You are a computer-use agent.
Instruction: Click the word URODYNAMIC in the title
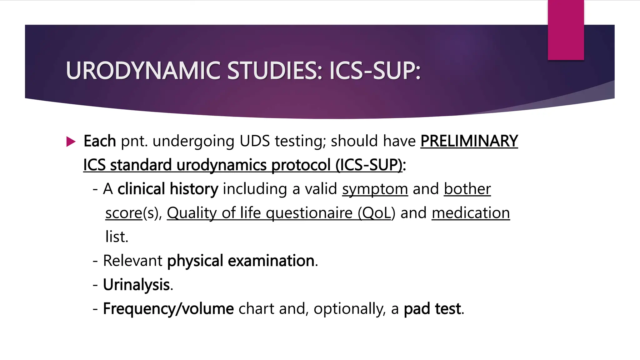tap(143, 71)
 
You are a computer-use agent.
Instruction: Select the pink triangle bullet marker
tap(71, 142)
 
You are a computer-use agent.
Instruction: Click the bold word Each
tap(100, 141)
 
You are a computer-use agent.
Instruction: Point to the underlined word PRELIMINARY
tap(469, 141)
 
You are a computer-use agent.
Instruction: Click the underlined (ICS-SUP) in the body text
tap(369, 165)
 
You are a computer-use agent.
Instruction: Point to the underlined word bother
tap(467, 189)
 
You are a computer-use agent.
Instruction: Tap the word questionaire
tap(309, 213)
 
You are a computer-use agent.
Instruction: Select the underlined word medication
tap(470, 213)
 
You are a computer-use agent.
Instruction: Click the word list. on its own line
tap(117, 237)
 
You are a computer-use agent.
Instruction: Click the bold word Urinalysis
tap(136, 285)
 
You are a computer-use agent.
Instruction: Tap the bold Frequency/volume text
tap(168, 309)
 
